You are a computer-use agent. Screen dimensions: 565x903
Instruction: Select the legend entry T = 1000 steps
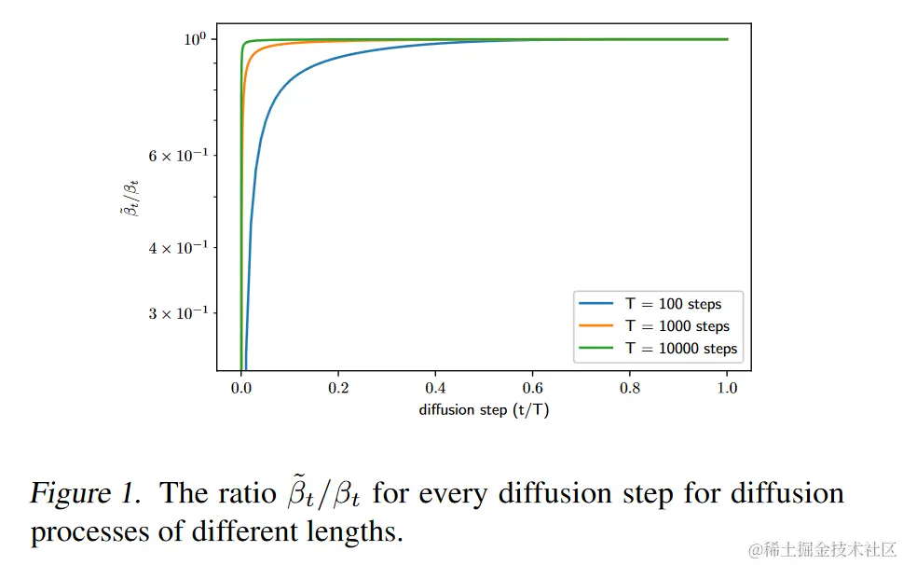coord(676,326)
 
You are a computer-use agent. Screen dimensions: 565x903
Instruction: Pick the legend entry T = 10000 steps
coord(680,349)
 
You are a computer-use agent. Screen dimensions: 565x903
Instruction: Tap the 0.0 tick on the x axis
coord(241,388)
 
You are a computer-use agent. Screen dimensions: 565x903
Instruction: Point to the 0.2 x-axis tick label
coord(338,388)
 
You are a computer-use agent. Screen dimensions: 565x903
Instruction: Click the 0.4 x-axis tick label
coord(435,388)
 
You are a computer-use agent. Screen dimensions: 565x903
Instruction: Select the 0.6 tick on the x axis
coord(533,388)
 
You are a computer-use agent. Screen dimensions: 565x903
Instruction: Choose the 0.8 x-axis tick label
coord(630,388)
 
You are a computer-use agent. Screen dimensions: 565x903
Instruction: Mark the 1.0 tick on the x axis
coord(727,388)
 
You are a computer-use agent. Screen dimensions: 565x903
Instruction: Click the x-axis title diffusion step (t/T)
coord(484,409)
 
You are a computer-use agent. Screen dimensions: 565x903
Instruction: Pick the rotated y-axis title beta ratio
coord(130,200)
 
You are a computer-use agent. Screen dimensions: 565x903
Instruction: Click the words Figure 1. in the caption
coord(85,493)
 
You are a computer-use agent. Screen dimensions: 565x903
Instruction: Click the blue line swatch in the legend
coord(595,304)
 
